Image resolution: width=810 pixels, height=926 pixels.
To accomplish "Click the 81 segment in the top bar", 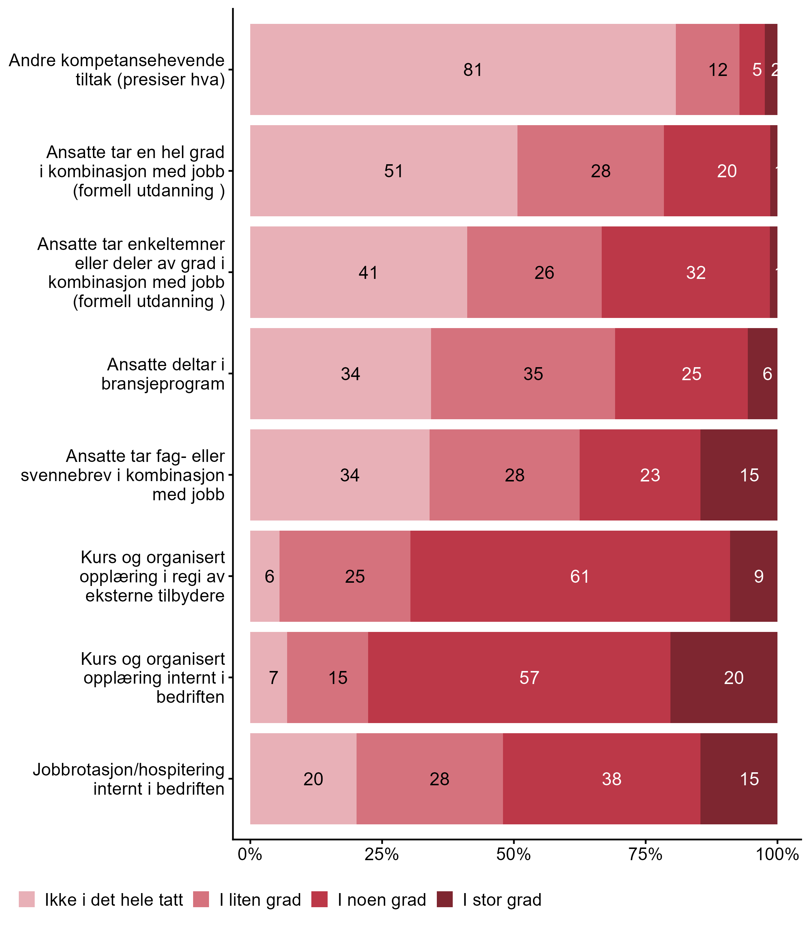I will pyautogui.click(x=462, y=69).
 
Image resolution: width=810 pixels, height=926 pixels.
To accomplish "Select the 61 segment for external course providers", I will pyautogui.click(x=570, y=576).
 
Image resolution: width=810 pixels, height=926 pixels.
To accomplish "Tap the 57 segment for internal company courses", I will pyautogui.click(x=519, y=677).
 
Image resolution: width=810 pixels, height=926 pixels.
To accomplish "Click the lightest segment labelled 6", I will pyautogui.click(x=265, y=576).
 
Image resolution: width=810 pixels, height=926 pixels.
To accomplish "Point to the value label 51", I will pyautogui.click(x=393, y=171).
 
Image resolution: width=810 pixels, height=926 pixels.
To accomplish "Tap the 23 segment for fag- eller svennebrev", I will pyautogui.click(x=640, y=475).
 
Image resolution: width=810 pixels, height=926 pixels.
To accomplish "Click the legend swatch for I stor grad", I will pyautogui.click(x=445, y=899).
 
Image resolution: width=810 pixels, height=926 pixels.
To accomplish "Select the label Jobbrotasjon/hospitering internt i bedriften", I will pyautogui.click(x=129, y=778).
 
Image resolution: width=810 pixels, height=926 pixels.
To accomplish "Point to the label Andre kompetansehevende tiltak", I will pyautogui.click(x=116, y=69).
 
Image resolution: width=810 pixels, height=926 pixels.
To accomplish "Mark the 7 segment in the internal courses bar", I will pyautogui.click(x=268, y=677).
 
